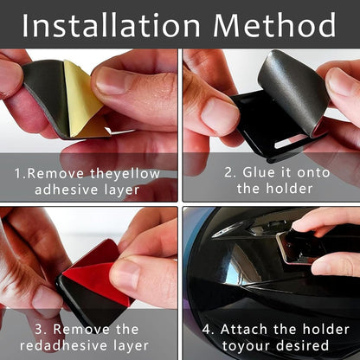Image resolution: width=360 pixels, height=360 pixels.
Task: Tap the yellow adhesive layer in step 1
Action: [83, 95]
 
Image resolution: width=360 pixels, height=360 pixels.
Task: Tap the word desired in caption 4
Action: [299, 346]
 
